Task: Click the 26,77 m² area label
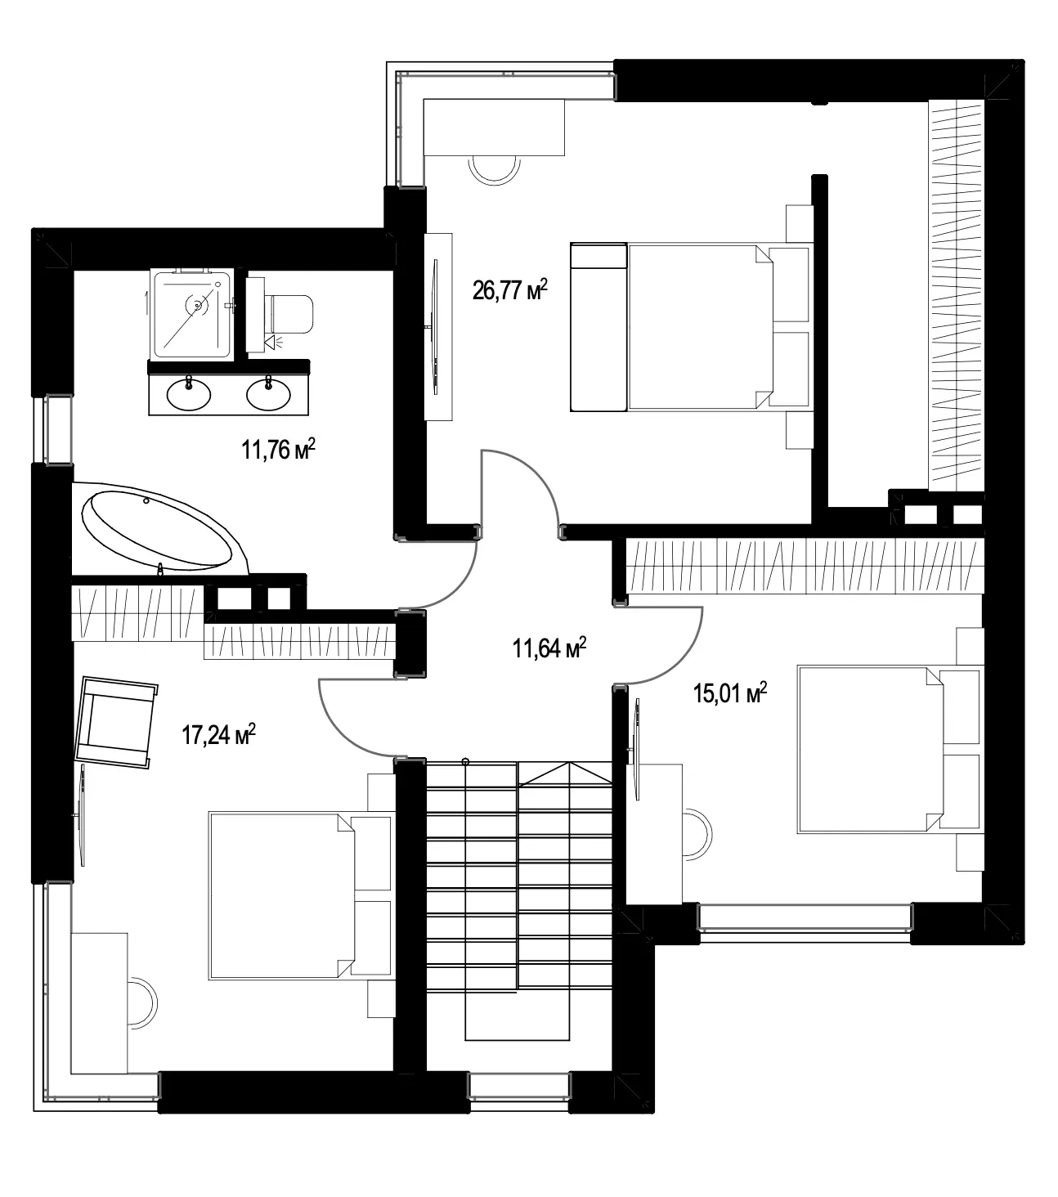coord(510,290)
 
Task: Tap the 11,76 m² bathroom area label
coord(278,450)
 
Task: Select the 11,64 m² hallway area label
coord(549,648)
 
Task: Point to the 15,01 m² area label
coord(730,693)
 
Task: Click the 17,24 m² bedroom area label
coord(218,736)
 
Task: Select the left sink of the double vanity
coord(188,393)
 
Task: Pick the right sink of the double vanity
coord(268,394)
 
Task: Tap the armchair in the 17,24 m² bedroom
coord(116,722)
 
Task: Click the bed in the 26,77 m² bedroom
coord(691,327)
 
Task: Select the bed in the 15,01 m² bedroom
coord(890,750)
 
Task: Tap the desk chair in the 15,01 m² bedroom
coord(697,834)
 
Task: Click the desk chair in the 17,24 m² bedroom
coord(143,1002)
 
